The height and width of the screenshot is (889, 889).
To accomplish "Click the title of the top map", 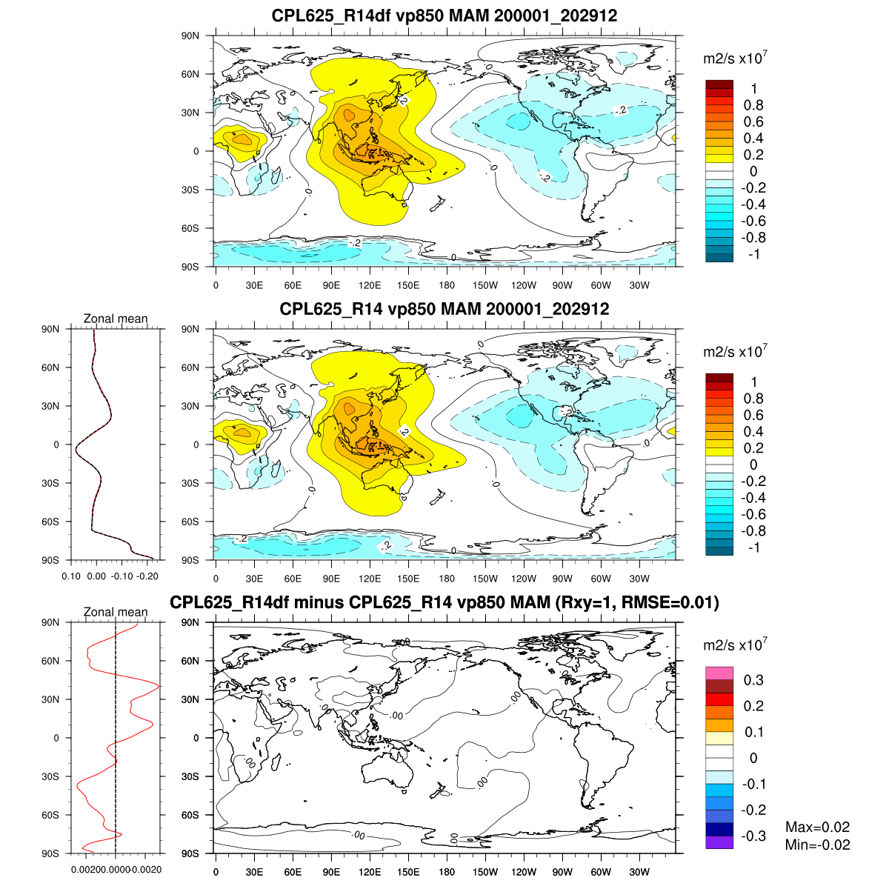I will pyautogui.click(x=444, y=16).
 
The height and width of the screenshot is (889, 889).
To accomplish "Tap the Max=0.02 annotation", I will pyautogui.click(x=817, y=828).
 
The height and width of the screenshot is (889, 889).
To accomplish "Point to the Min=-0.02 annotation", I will pyautogui.click(x=817, y=845).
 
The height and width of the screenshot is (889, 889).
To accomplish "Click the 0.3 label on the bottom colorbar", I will pyautogui.click(x=754, y=680).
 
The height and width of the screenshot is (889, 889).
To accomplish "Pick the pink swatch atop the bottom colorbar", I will pyautogui.click(x=719, y=673).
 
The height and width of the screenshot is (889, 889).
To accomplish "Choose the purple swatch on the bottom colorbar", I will pyautogui.click(x=719, y=842).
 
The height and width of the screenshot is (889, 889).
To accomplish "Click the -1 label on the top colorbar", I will pyautogui.click(x=754, y=254).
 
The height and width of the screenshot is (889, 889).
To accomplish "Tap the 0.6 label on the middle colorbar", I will pyautogui.click(x=753, y=415).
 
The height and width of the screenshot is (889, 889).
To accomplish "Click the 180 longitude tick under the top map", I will pyautogui.click(x=447, y=285).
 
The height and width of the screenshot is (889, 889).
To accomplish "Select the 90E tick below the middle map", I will pyautogui.click(x=331, y=579).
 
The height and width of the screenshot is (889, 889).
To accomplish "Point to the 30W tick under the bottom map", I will pyautogui.click(x=639, y=872).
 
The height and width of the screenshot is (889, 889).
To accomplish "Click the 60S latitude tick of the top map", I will pyautogui.click(x=191, y=228).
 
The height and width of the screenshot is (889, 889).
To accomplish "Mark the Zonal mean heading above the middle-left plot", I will pyautogui.click(x=116, y=319).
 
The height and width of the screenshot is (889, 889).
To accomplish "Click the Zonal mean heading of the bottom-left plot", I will pyautogui.click(x=116, y=612).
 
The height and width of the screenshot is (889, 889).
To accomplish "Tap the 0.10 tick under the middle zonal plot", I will pyautogui.click(x=71, y=576).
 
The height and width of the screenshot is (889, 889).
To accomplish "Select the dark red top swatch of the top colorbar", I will pyautogui.click(x=719, y=84).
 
